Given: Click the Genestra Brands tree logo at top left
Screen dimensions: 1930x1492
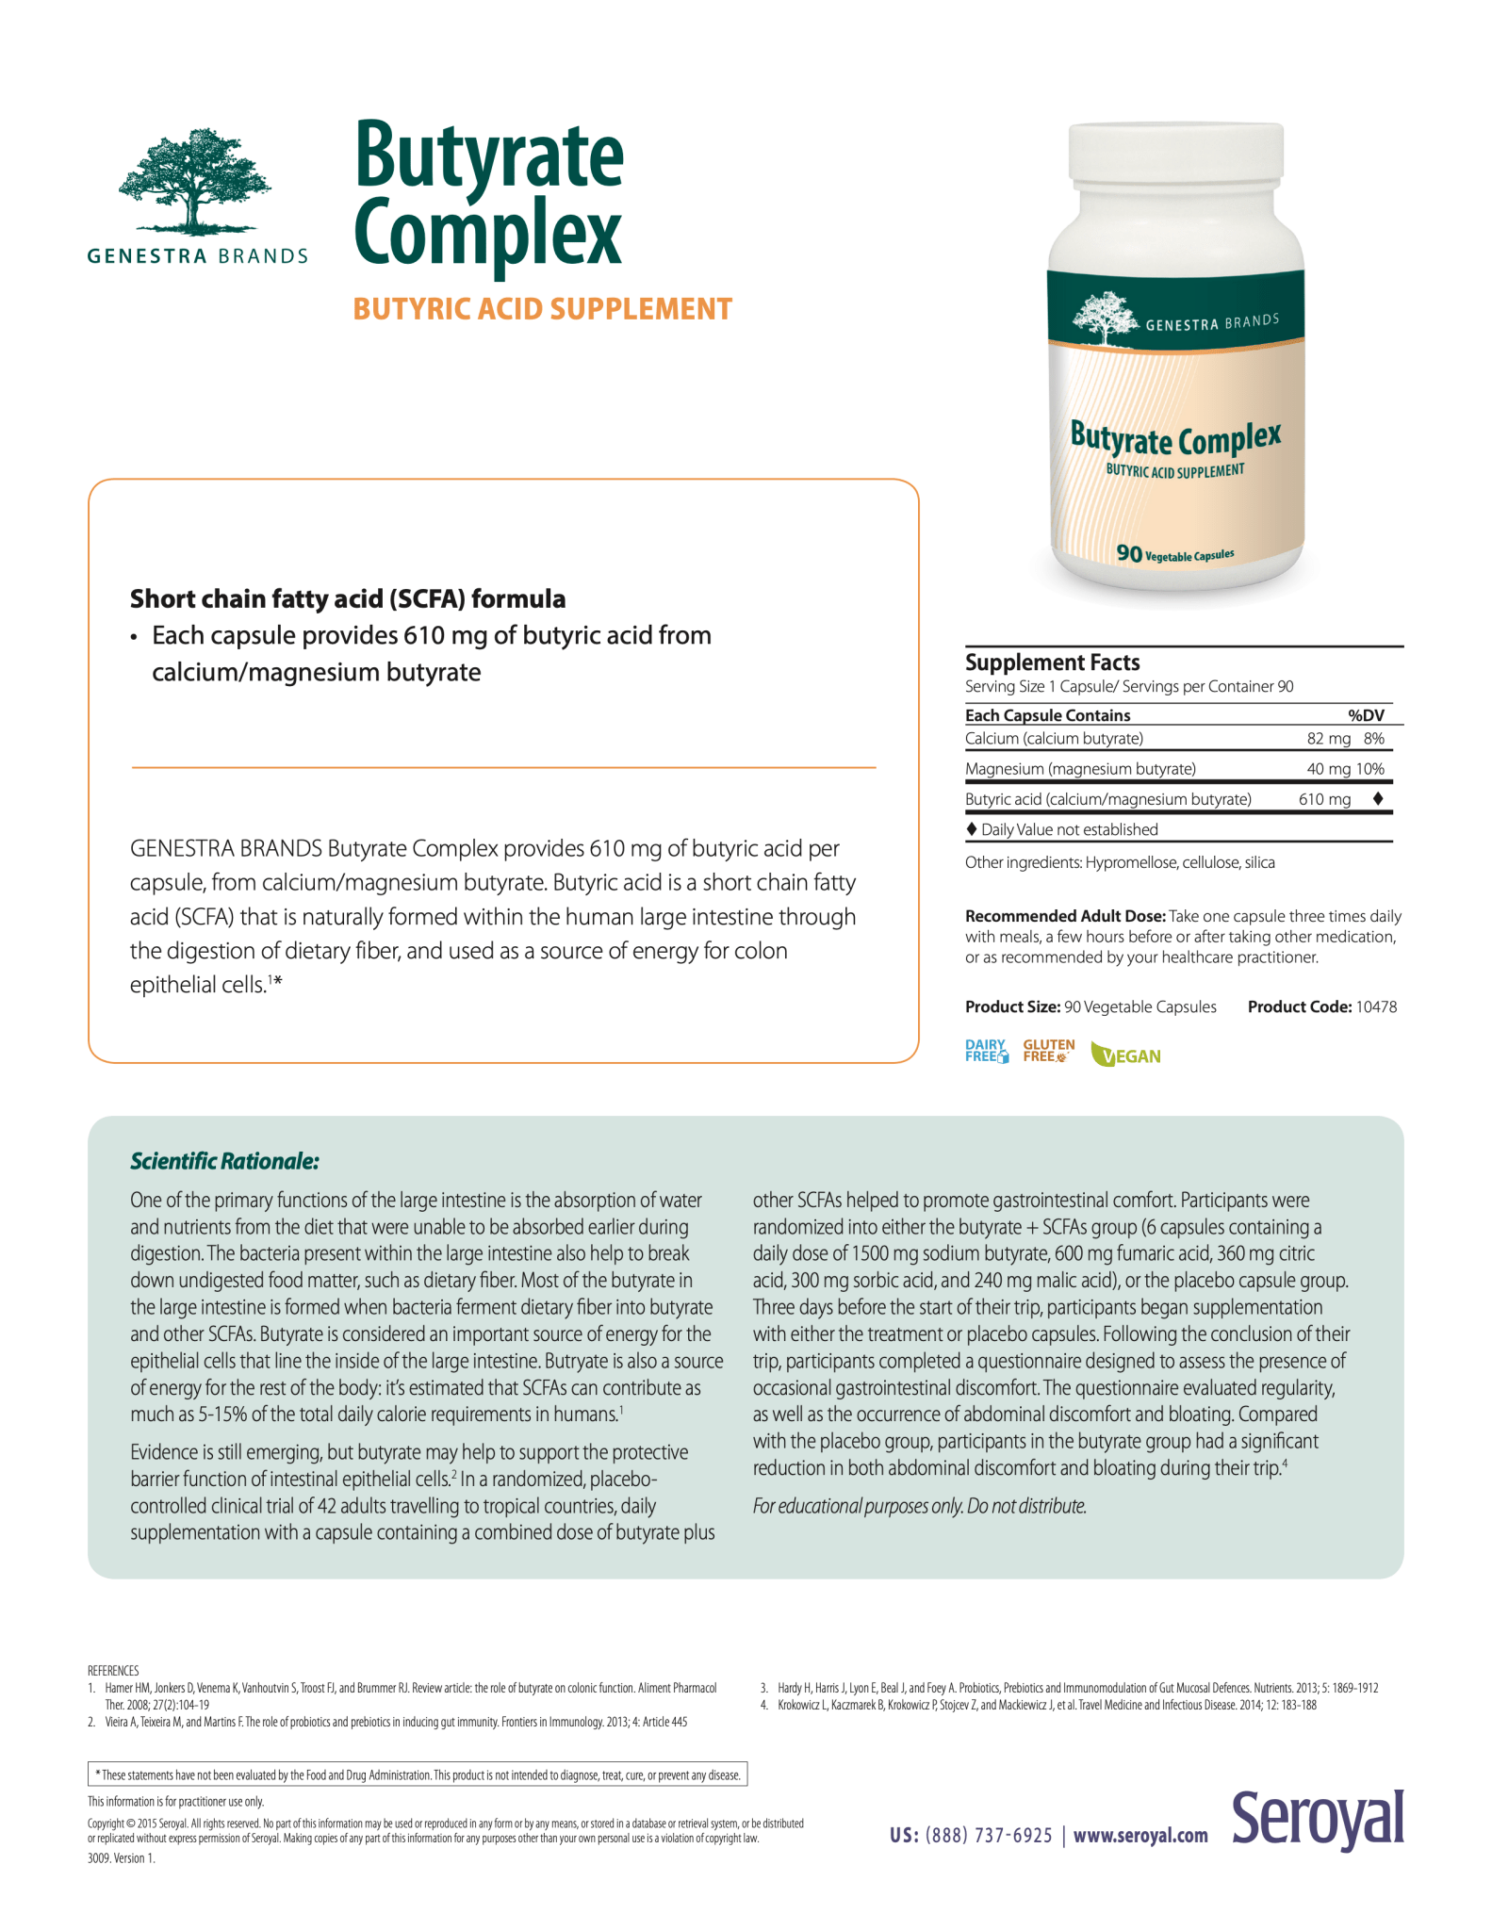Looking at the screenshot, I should (x=196, y=182).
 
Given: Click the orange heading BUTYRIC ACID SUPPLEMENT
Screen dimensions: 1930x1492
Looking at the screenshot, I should (x=542, y=309).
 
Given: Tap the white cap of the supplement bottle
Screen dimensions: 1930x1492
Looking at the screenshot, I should (x=1175, y=151).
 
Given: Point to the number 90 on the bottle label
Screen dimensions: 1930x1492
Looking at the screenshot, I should (x=1128, y=553).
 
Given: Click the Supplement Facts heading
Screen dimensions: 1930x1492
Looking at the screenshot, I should (x=1052, y=662).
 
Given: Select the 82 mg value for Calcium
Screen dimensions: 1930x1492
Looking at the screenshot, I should (x=1328, y=739).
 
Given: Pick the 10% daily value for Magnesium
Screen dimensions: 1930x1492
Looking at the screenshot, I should (x=1370, y=769).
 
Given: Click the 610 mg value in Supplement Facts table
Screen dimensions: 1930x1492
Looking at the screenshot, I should (x=1324, y=799).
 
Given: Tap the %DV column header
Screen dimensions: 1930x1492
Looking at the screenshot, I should (x=1366, y=715).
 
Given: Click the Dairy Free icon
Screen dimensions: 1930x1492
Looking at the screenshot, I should (x=986, y=1051).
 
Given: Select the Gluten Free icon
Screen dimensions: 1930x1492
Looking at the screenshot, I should (x=1048, y=1051).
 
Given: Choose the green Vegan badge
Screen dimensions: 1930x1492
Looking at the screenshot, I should (x=1125, y=1055).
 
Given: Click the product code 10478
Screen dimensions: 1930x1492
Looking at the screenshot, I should (x=1376, y=1006).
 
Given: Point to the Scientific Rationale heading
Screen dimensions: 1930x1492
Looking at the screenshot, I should (x=224, y=1161).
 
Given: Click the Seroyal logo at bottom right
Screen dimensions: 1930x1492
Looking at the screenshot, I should (x=1318, y=1820).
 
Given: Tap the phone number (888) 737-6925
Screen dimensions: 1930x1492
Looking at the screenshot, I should (x=988, y=1835).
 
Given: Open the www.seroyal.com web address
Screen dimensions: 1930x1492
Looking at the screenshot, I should (x=1140, y=1835).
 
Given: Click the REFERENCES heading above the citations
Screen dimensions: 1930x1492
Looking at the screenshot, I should (x=113, y=1671).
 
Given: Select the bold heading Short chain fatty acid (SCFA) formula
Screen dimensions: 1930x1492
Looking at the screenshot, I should (x=348, y=599).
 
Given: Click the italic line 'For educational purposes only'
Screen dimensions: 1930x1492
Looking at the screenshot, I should (x=919, y=1506).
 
